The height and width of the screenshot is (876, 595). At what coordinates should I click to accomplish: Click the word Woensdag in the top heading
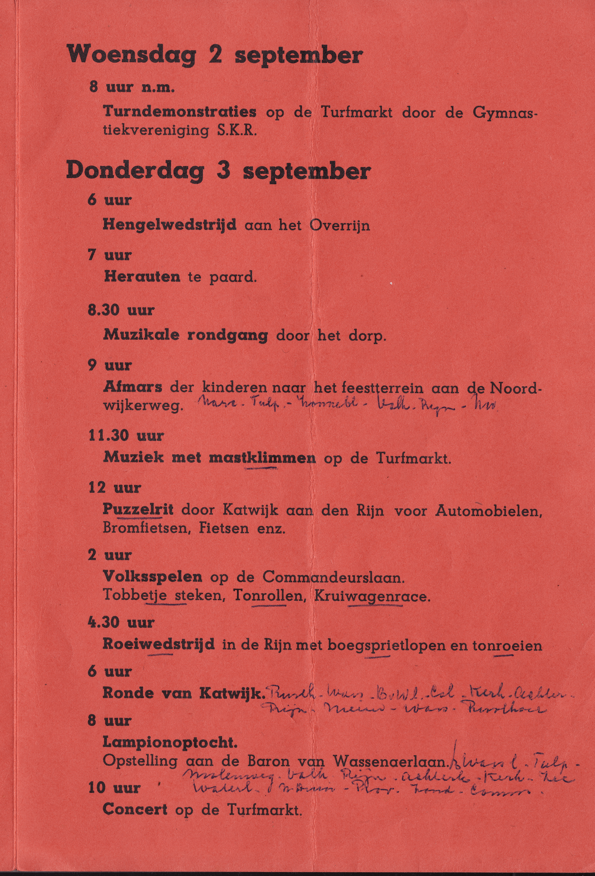132,55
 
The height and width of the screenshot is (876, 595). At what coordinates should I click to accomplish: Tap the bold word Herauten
142,277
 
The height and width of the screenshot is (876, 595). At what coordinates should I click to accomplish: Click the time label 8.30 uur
121,310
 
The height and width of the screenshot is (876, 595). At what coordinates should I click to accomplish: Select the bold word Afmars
133,387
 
